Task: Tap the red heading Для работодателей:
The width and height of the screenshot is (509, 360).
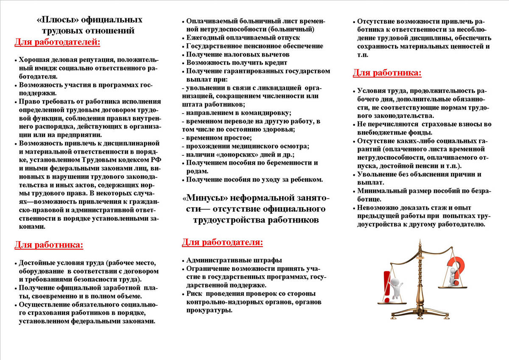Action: coord(57,42)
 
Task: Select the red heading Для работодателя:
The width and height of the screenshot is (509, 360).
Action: coord(222,242)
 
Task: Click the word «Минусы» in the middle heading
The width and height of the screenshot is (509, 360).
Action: coord(201,198)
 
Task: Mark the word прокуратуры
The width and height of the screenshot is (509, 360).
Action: coord(209,310)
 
